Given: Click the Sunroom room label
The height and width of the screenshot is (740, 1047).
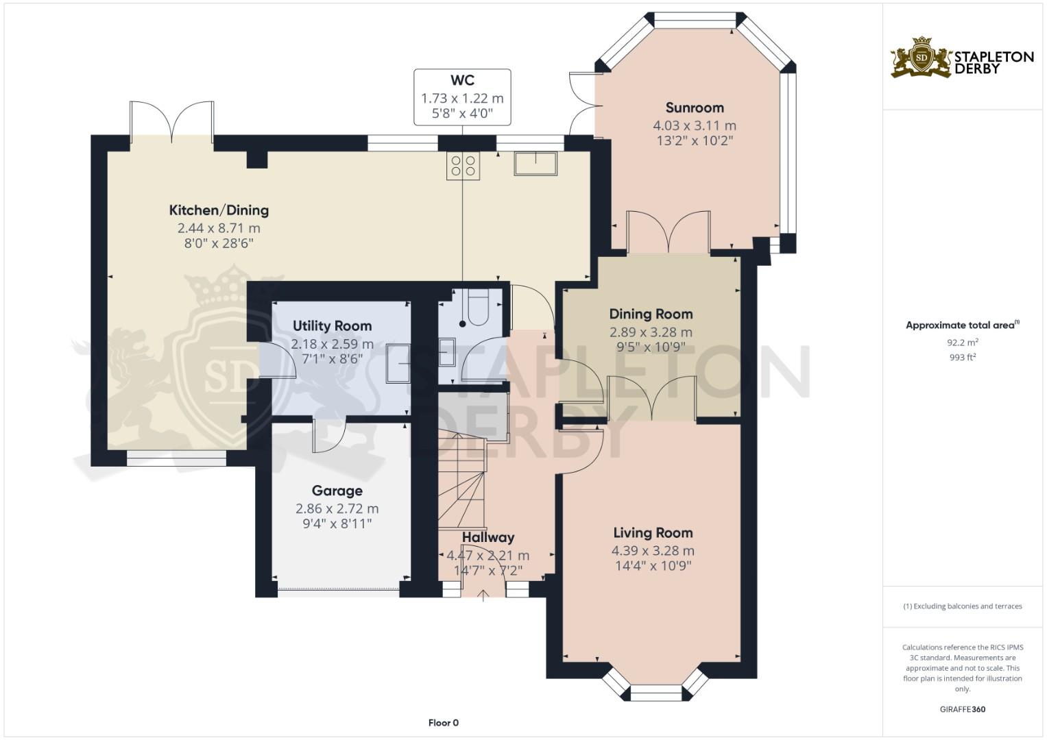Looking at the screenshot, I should pyautogui.click(x=695, y=108).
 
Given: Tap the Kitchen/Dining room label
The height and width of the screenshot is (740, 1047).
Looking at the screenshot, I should pyautogui.click(x=219, y=210).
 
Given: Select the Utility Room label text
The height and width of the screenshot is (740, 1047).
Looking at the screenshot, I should pyautogui.click(x=332, y=325).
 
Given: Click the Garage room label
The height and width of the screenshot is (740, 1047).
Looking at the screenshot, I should pyautogui.click(x=337, y=491).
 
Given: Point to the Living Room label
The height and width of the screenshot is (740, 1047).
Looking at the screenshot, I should pyautogui.click(x=653, y=532).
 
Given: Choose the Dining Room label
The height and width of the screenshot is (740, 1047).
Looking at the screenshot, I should pyautogui.click(x=651, y=314).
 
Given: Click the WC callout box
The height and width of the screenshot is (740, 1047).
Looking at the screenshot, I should pyautogui.click(x=462, y=97).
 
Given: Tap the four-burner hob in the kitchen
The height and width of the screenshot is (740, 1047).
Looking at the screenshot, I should pyautogui.click(x=463, y=165).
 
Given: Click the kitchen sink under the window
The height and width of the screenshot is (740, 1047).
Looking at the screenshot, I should pyautogui.click(x=535, y=163).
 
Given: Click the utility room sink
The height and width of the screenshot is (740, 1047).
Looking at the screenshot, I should pyautogui.click(x=398, y=363).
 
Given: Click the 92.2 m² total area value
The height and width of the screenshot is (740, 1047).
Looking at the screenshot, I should pyautogui.click(x=962, y=342).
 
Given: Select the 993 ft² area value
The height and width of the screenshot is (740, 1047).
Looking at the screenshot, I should pyautogui.click(x=962, y=357).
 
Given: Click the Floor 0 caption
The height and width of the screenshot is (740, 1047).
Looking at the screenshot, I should pyautogui.click(x=443, y=723).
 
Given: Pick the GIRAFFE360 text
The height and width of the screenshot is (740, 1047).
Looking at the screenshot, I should pyautogui.click(x=962, y=709).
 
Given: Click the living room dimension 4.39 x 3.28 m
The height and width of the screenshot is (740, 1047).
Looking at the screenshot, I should pyautogui.click(x=653, y=550).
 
